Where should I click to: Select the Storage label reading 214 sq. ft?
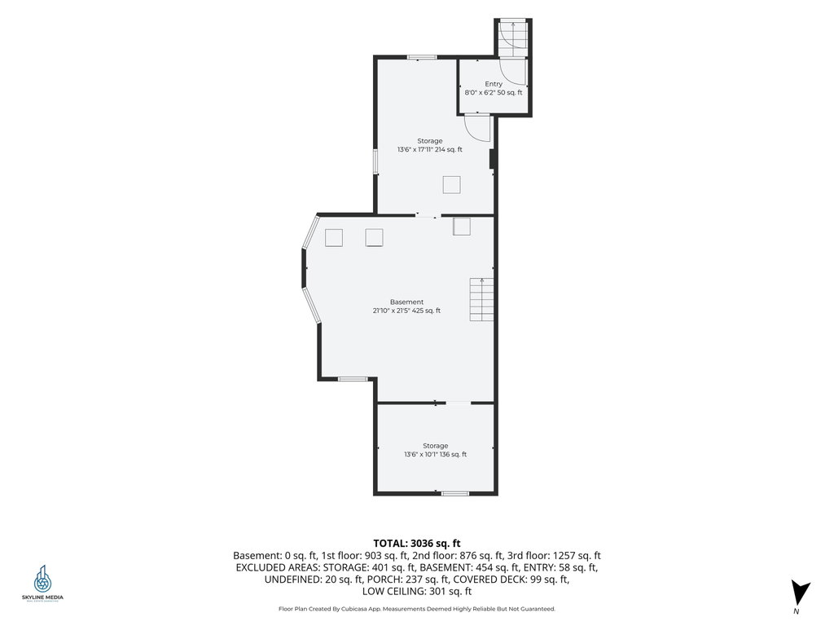pos(430,145)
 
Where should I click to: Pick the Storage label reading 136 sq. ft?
pos(435,450)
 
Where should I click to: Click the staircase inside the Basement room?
pos(481,300)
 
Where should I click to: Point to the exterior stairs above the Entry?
pos(513,38)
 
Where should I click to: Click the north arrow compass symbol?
pos(800,593)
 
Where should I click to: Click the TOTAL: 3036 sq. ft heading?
pos(416,544)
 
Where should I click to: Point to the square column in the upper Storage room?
pos(451,185)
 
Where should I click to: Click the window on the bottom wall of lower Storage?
pos(454,493)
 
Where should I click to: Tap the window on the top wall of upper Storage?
pos(422,57)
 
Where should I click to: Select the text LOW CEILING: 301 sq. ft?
pos(416,592)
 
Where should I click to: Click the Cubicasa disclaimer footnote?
pos(416,609)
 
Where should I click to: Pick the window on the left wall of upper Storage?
pos(375,161)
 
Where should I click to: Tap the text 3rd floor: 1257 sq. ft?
pos(554,556)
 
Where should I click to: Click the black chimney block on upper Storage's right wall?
pos(493,159)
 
